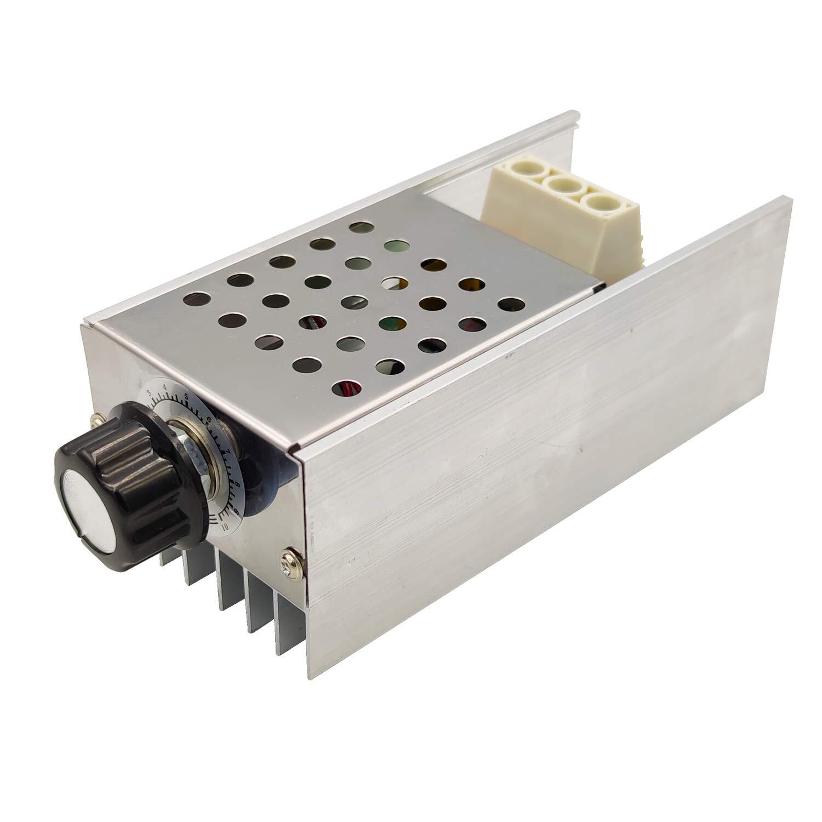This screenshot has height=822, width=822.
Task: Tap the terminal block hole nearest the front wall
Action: coord(601,204)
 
